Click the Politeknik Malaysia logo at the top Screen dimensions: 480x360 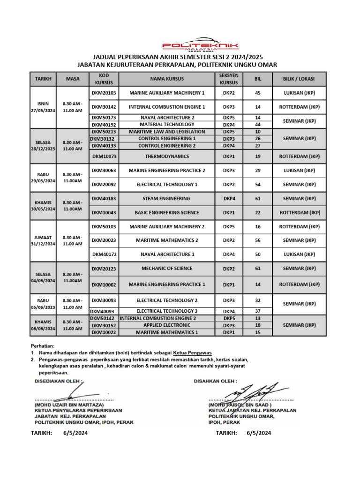click(200, 46)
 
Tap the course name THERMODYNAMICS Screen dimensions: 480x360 click(167, 156)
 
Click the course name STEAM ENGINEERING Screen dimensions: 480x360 click(167, 198)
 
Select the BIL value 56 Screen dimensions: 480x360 click(257, 240)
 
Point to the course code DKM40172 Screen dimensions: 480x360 click(104, 255)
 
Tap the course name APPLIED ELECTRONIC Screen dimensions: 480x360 click(167, 325)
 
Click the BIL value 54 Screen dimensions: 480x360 click(257, 184)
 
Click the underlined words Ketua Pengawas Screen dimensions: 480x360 click(193, 352)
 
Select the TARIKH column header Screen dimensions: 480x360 click(43, 79)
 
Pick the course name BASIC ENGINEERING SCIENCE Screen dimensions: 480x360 click(167, 212)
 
